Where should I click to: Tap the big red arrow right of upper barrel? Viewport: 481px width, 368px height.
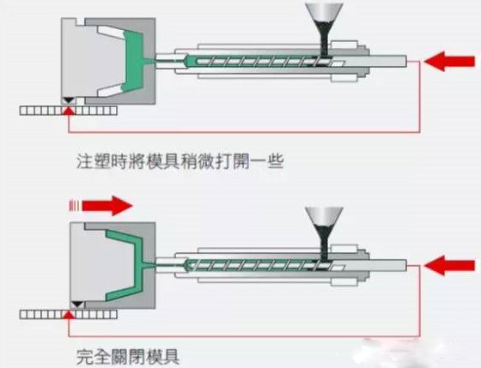click(x=450, y=61)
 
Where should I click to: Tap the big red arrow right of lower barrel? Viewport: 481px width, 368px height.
click(x=450, y=266)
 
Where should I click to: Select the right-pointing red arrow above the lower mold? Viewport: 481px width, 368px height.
click(x=101, y=206)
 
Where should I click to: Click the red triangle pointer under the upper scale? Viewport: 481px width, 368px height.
click(x=69, y=111)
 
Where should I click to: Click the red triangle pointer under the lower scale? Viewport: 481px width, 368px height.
click(x=69, y=316)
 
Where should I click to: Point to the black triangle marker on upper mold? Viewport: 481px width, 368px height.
click(x=69, y=100)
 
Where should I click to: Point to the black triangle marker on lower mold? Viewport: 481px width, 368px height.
click(x=77, y=305)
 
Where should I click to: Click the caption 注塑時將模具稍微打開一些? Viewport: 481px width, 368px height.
click(x=180, y=161)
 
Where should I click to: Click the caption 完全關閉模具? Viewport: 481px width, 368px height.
click(x=128, y=357)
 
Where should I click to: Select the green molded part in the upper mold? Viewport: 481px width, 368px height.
click(x=135, y=61)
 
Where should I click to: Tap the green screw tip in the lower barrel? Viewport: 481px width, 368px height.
click(x=190, y=265)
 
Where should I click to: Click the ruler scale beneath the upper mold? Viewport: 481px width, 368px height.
click(x=69, y=111)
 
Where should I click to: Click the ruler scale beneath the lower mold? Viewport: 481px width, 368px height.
click(x=69, y=315)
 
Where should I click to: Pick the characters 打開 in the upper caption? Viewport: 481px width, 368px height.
click(x=232, y=161)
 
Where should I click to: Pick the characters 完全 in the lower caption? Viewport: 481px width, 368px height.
click(x=93, y=357)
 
